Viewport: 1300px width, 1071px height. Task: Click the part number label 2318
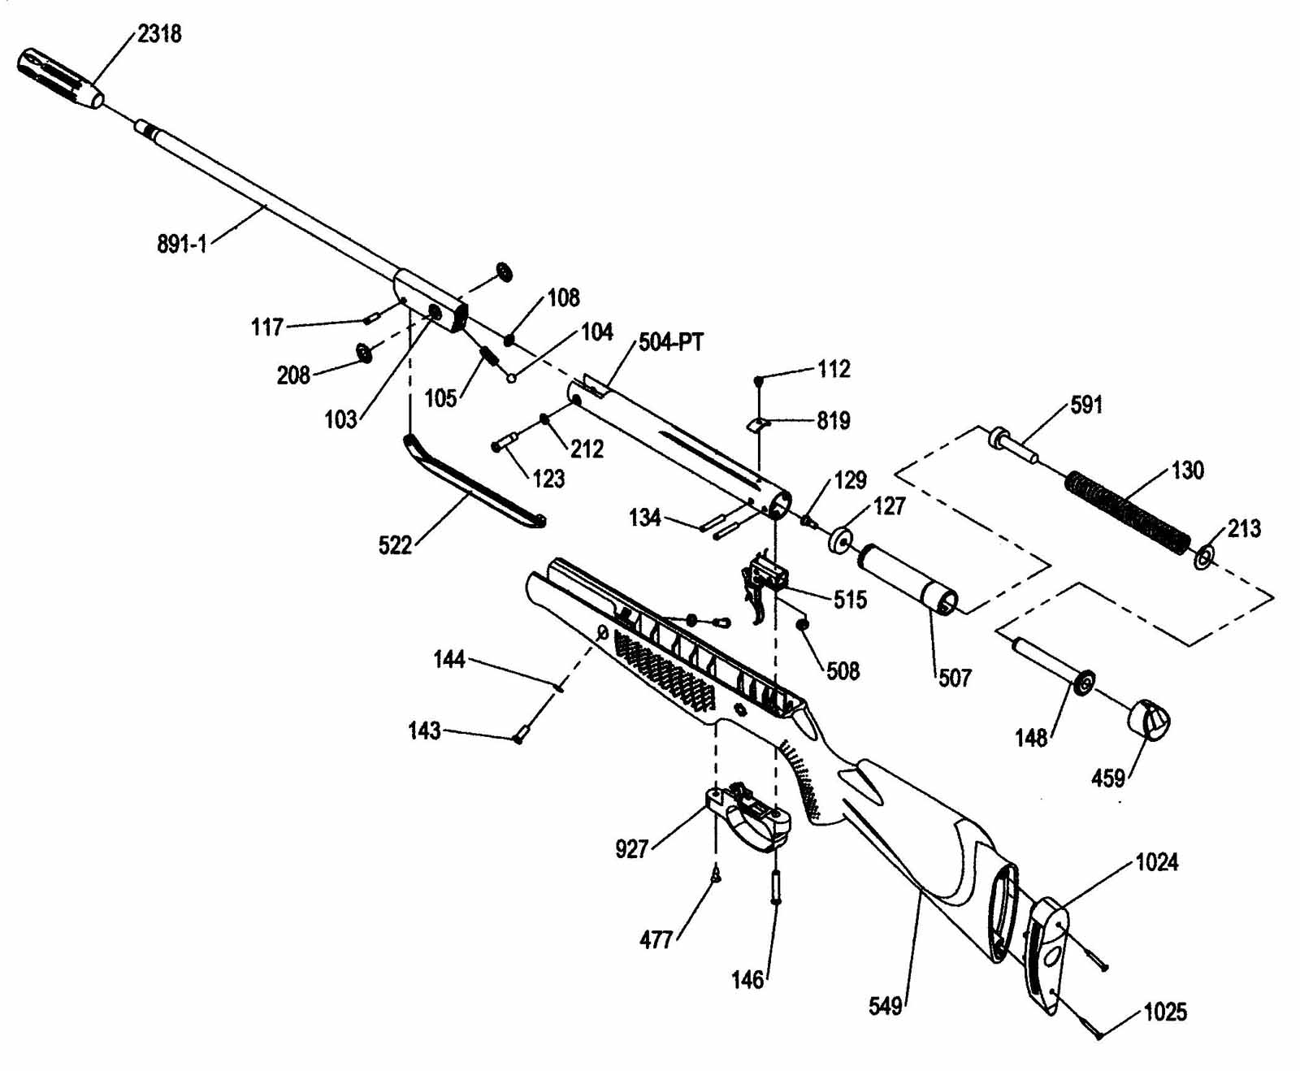click(x=159, y=34)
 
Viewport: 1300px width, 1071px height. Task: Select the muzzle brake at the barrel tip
click(x=61, y=78)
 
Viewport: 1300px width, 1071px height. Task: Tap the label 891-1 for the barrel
click(x=182, y=244)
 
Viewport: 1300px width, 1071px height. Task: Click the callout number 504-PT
click(x=671, y=342)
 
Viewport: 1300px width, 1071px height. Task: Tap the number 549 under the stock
click(x=886, y=1007)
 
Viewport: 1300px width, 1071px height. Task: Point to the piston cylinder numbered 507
click(x=909, y=578)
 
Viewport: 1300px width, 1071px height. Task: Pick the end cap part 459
click(x=1148, y=719)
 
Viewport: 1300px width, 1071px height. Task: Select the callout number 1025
click(x=1165, y=1012)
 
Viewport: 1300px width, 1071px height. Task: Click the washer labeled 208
click(x=363, y=353)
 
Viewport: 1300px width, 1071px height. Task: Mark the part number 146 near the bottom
click(x=747, y=980)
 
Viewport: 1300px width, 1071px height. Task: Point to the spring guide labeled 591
click(x=1012, y=445)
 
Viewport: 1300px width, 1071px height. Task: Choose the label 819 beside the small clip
click(x=834, y=420)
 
